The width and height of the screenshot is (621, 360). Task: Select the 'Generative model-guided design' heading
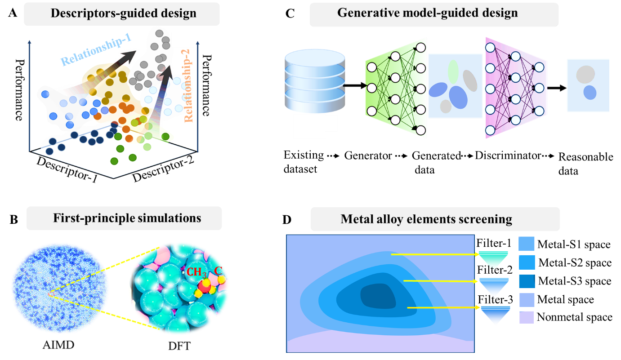coord(427,13)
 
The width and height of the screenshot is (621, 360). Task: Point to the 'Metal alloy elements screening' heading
coord(426,219)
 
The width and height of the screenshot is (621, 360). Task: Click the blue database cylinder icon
coord(315,81)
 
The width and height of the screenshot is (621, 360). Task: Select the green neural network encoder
coord(396,88)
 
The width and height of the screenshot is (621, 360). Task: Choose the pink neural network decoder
coord(515,88)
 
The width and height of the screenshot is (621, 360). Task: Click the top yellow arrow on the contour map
coord(434,254)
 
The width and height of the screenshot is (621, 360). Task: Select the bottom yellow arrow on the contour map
coord(443,308)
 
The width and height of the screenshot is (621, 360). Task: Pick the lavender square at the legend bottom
coord(527,317)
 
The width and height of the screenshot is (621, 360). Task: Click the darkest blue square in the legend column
coord(527,281)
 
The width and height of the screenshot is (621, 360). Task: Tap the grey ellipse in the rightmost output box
coord(585,73)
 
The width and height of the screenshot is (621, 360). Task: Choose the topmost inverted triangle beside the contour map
coord(493,259)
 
